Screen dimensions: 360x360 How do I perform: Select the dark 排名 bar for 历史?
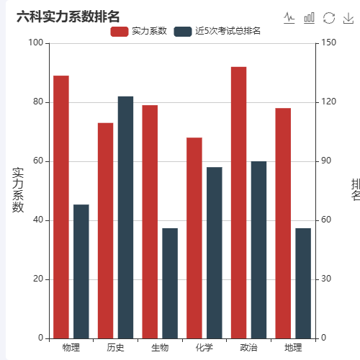(125, 217)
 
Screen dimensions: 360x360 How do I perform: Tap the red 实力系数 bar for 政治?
(238, 202)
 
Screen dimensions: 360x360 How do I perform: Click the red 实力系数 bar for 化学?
(194, 238)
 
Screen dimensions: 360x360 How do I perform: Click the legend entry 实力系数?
(139, 31)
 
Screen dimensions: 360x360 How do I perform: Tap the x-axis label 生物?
(160, 348)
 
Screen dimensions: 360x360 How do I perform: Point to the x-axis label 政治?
(248, 348)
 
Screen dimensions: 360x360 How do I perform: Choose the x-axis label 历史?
(115, 348)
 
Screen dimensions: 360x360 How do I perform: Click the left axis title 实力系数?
(18, 190)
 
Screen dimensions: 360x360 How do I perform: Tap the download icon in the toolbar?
(348, 18)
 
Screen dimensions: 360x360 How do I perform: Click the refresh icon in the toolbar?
(329, 18)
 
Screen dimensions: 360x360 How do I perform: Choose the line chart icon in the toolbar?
(289, 18)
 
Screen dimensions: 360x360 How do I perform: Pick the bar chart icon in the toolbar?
(310, 18)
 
